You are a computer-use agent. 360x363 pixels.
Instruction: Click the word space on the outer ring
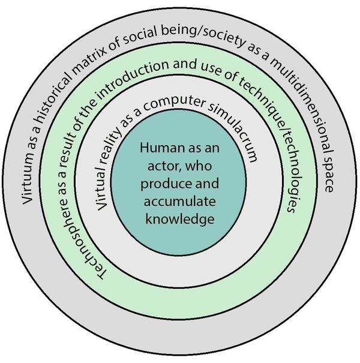[327, 172]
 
